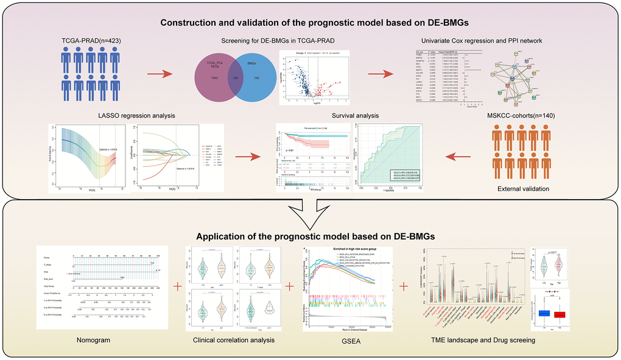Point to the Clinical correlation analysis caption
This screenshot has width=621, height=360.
click(x=233, y=339)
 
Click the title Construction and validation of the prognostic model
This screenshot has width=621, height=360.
click(x=310, y=23)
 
